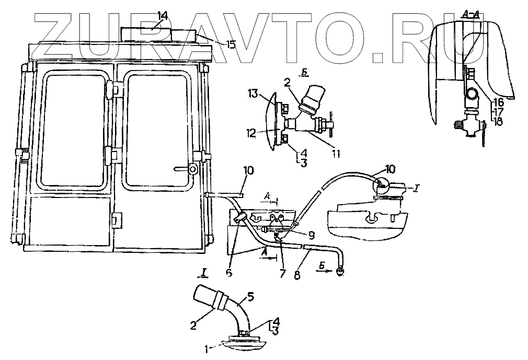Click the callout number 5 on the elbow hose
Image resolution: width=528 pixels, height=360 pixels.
(x=250, y=297)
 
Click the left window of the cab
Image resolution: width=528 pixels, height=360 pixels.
(x=74, y=131)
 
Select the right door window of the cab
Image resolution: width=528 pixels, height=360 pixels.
(x=157, y=131)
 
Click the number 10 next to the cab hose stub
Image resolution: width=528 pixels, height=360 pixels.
(x=248, y=171)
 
